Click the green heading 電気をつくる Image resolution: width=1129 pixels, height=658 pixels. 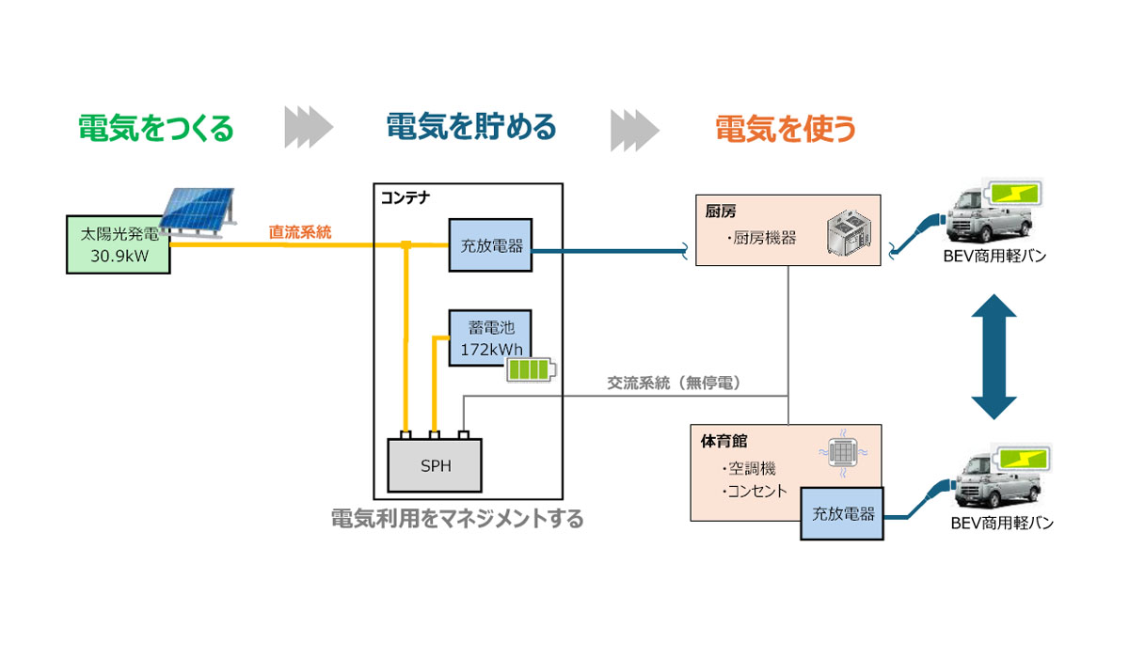[x=155, y=128]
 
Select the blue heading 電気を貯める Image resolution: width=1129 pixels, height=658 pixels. [x=471, y=127]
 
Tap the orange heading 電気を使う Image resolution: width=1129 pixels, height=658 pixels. [x=786, y=128]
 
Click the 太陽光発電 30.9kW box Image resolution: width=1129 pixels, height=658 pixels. [x=118, y=244]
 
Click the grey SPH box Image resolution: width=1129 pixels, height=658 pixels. [x=437, y=465]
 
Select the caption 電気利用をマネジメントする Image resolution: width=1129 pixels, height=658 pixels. [x=457, y=518]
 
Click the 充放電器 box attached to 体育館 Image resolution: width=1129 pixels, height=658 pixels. [x=843, y=514]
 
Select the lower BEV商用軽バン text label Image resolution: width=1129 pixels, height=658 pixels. [x=1000, y=524]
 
